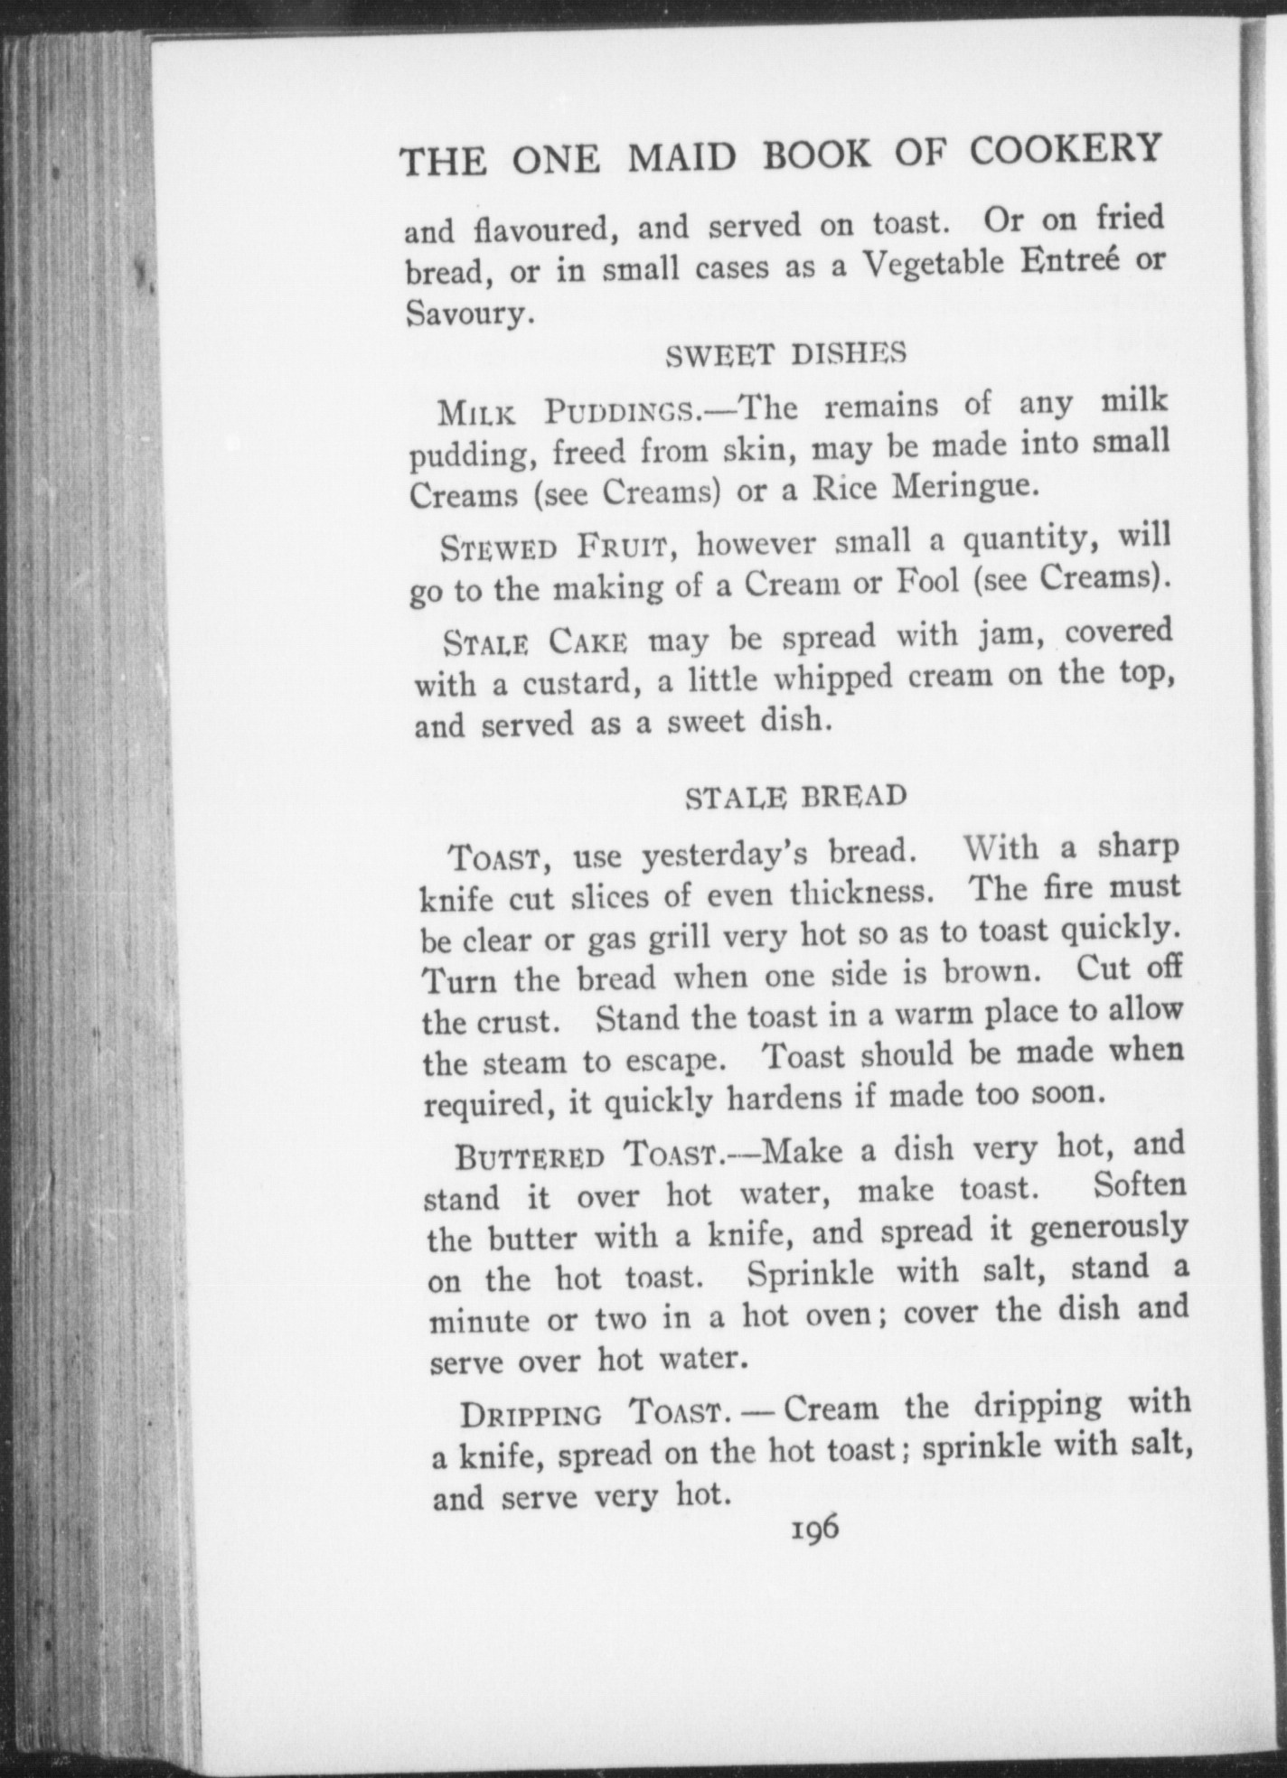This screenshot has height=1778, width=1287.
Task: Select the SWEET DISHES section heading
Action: (x=784, y=355)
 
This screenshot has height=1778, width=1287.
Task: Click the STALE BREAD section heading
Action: (x=795, y=797)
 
